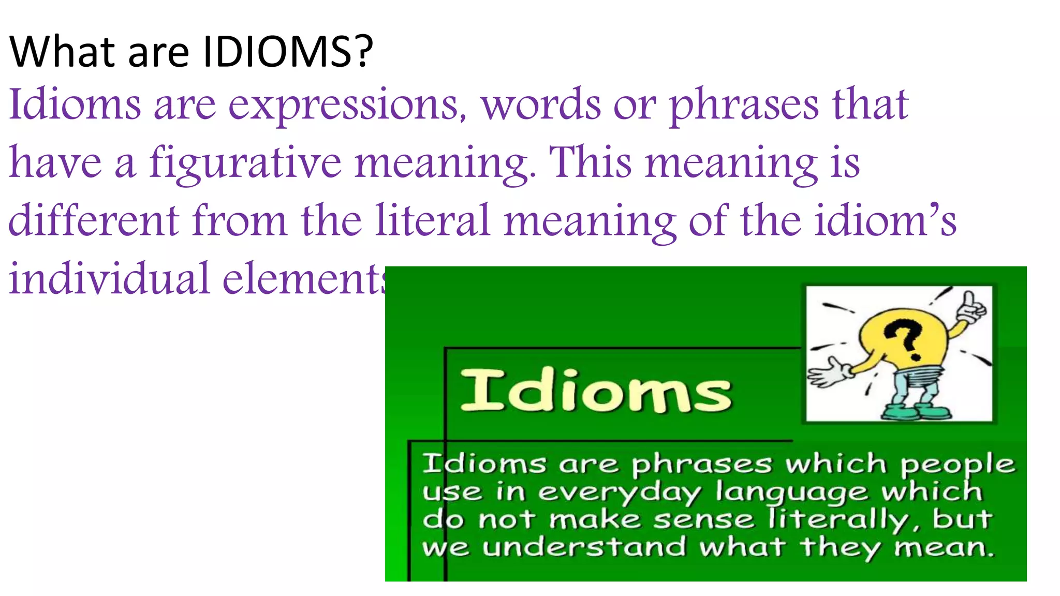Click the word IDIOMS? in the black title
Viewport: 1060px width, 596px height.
pos(287,52)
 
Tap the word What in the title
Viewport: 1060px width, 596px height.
pos(62,52)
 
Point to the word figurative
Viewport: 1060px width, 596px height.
pos(245,163)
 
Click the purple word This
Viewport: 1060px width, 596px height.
pos(590,162)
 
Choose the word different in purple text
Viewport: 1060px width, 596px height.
pos(94,221)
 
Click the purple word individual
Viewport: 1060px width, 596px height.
pos(109,279)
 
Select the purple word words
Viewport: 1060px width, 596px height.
pos(541,105)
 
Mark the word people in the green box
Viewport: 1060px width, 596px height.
pos(958,465)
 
